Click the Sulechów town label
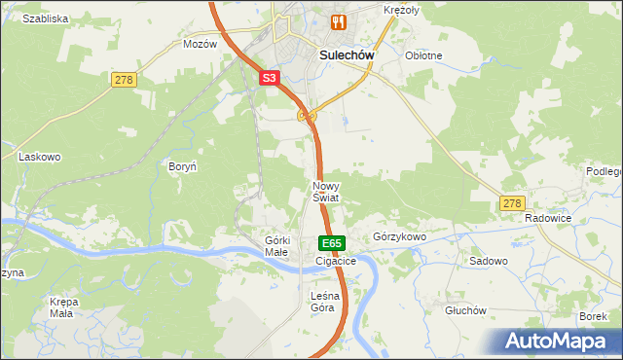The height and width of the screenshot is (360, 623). click(348, 55)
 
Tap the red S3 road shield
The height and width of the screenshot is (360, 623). click(272, 78)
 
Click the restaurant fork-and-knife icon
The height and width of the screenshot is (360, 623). click(339, 22)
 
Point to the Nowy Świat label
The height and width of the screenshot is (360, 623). click(325, 191)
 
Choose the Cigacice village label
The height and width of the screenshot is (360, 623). click(336, 262)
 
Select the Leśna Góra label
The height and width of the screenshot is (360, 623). click(322, 302)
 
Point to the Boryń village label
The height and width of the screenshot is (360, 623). click(183, 167)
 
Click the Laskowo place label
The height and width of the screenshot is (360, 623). click(40, 156)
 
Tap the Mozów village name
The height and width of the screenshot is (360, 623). click(200, 45)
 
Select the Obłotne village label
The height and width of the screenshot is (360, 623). click(423, 55)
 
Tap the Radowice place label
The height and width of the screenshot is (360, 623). click(546, 219)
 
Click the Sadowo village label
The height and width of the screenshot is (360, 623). click(489, 262)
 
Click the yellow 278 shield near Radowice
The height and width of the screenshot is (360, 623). click(512, 203)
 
